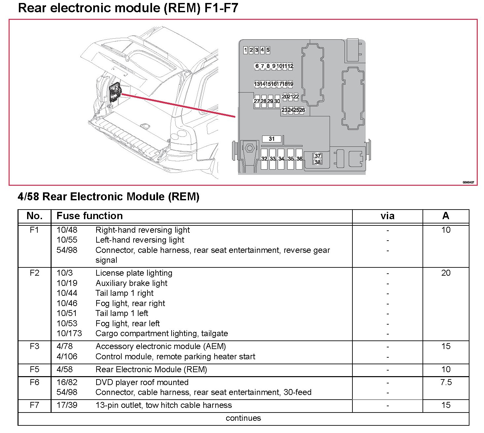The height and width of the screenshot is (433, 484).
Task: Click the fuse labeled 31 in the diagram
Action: tap(271, 139)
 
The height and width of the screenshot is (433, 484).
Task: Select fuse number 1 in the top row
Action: tap(245, 50)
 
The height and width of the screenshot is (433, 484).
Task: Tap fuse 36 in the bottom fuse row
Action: tap(299, 159)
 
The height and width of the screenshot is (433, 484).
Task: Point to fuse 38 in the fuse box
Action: tap(317, 162)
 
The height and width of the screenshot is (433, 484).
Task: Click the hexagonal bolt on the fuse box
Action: tap(250, 149)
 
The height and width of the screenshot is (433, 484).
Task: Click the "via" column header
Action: tap(387, 216)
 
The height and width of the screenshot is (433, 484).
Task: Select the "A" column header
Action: tap(446, 216)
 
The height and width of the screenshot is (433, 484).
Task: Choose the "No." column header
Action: tap(34, 216)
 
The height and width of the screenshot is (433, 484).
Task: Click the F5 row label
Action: tap(34, 369)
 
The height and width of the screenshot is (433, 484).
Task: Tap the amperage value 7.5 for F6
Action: tap(446, 382)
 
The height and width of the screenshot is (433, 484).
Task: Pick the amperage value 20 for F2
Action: tap(446, 273)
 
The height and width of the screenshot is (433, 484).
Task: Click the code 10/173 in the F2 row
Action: tap(69, 333)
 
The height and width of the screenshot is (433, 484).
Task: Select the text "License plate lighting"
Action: tap(134, 273)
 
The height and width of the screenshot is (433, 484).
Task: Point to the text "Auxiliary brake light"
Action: tap(131, 283)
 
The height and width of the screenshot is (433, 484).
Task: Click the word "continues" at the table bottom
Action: tap(243, 418)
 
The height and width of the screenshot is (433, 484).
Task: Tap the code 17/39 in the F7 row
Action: tap(67, 405)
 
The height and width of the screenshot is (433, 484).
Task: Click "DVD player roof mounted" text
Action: tap(142, 382)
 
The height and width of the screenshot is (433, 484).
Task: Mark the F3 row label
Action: tap(34, 346)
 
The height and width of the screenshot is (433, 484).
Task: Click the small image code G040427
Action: tap(468, 182)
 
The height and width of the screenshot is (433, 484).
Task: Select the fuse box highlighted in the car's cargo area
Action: tap(115, 93)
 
